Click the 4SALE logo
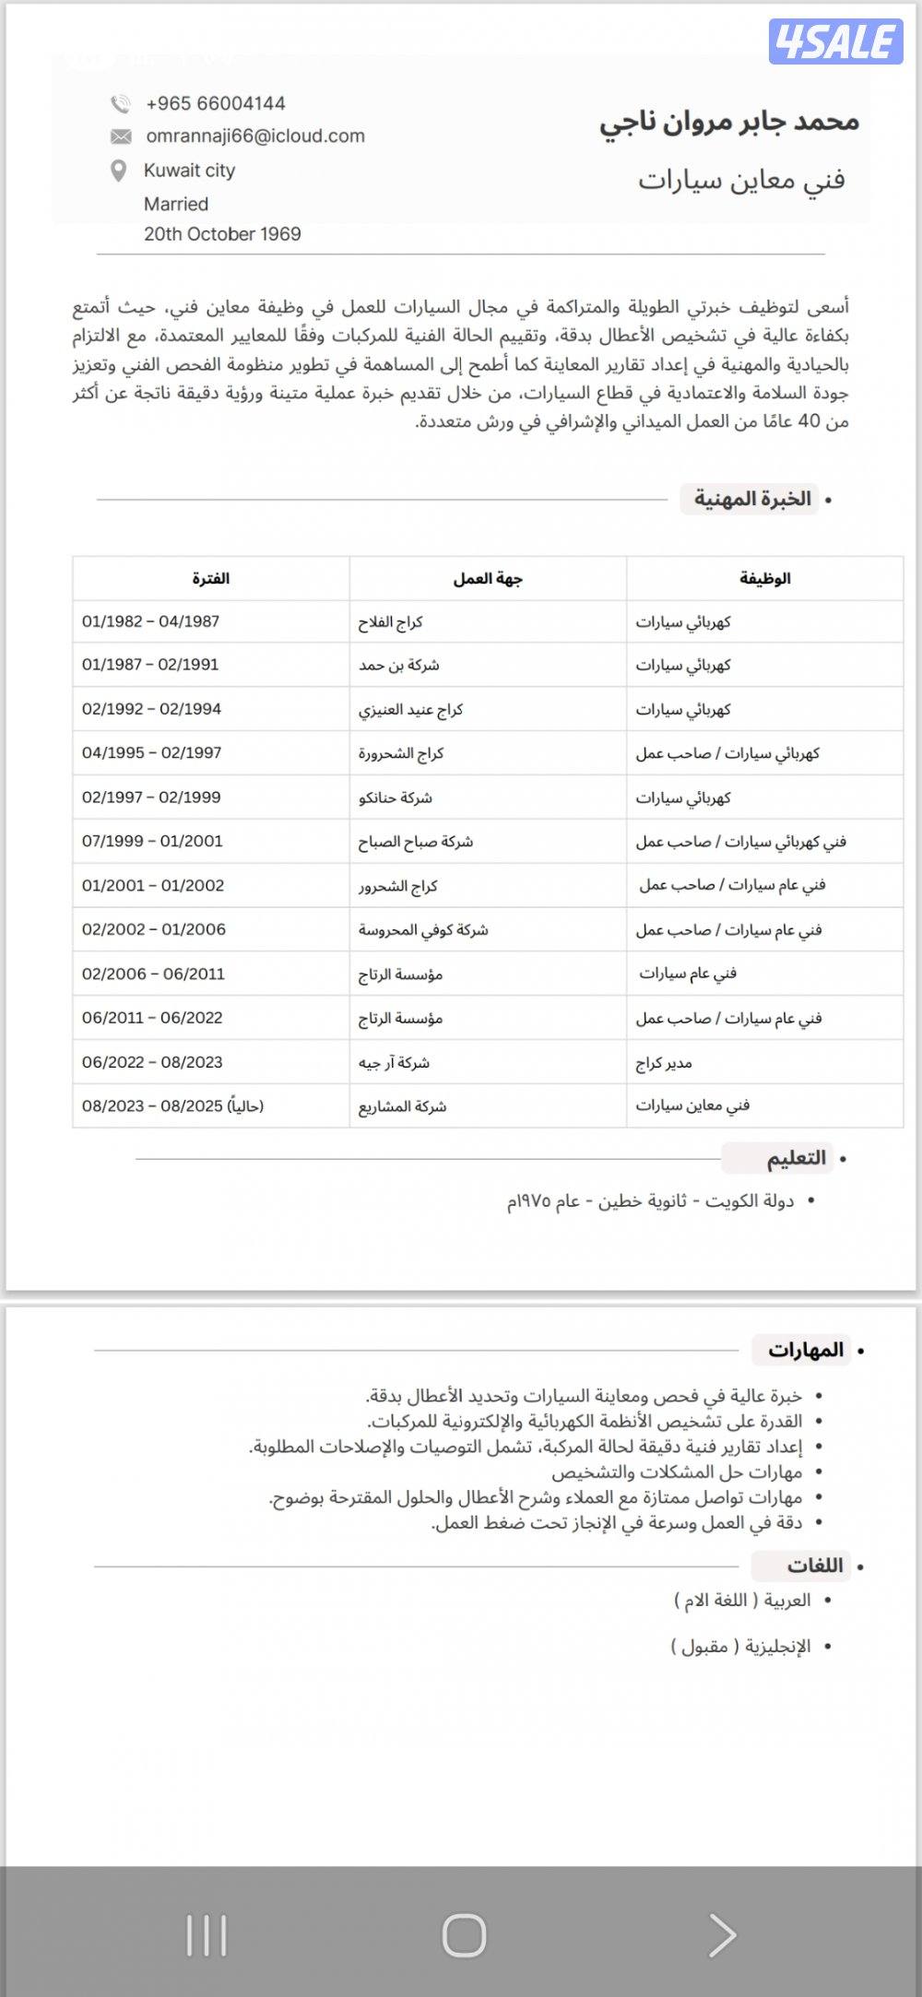[x=835, y=41]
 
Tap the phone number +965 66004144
[x=215, y=103]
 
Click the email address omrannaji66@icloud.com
[x=255, y=136]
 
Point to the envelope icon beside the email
[x=121, y=136]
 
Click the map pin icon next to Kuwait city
[x=118, y=171]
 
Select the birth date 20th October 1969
[x=222, y=233]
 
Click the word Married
[x=176, y=204]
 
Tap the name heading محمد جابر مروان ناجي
[x=728, y=122]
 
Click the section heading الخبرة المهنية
[x=751, y=499]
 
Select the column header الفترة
[x=210, y=578]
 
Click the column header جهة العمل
[x=487, y=578]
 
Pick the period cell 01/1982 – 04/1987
[x=151, y=621]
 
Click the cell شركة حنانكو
[x=396, y=798]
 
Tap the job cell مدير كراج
[x=664, y=1063]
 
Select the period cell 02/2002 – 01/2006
[x=154, y=929]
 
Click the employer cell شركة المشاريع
[x=402, y=1106]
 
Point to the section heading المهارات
[x=806, y=1350]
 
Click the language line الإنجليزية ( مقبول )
[x=740, y=1646]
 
